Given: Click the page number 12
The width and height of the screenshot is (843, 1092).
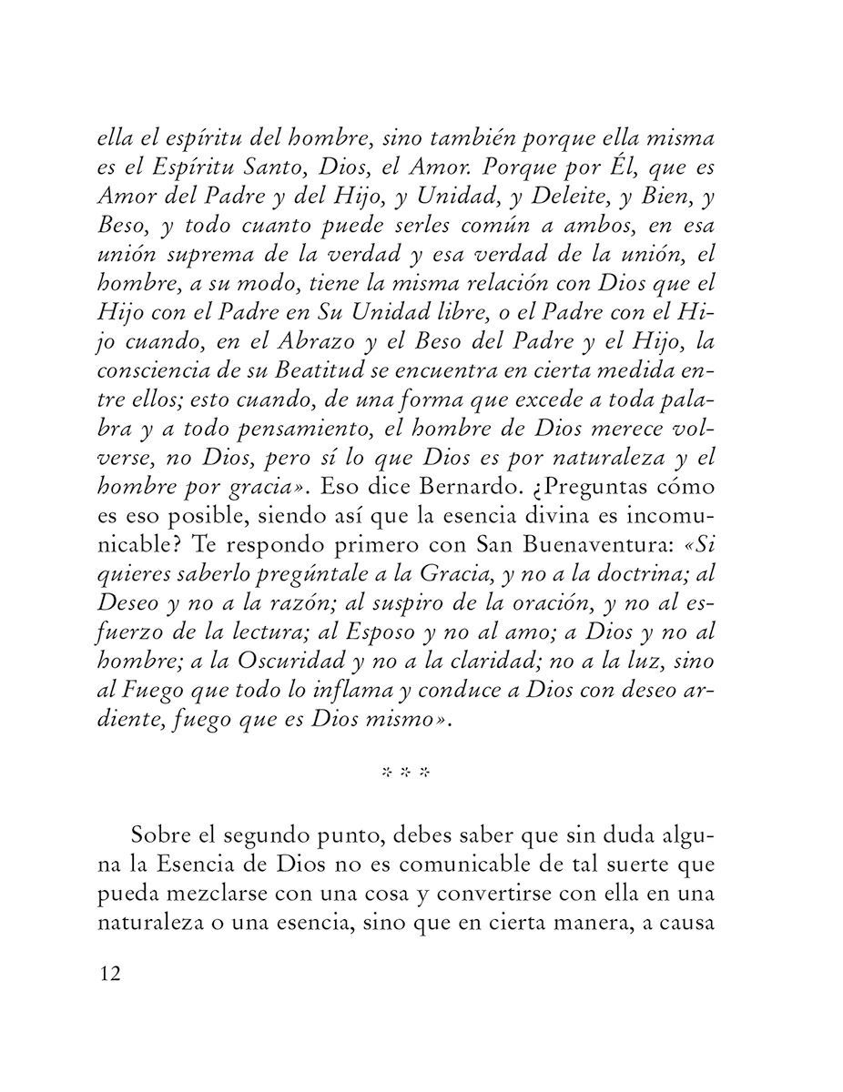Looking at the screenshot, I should click(109, 974).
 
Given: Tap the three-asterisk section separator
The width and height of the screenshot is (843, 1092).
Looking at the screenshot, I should click(405, 773).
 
